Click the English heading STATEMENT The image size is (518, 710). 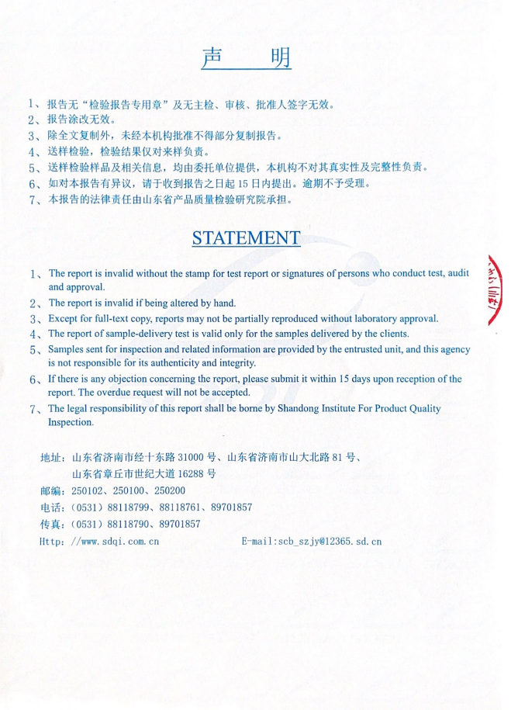[246, 238]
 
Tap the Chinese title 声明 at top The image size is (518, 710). [246, 58]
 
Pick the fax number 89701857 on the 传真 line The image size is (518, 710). [178, 525]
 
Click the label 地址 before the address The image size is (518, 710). [50, 458]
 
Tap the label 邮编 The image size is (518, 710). [50, 491]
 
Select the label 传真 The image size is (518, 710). [50, 525]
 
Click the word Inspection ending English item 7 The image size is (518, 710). [71, 423]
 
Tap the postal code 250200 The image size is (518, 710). [168, 491]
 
